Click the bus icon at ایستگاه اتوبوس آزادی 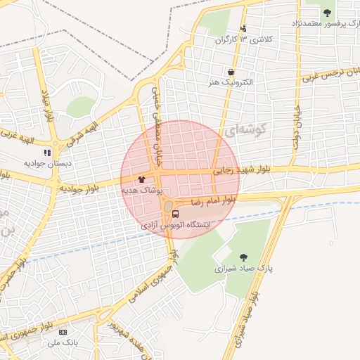(175, 214)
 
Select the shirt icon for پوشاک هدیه (141, 179)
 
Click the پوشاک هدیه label (143, 191)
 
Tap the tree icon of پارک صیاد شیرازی (243, 257)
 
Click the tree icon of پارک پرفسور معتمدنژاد (326, 12)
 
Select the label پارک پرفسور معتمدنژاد (324, 24)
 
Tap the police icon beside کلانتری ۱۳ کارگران (243, 29)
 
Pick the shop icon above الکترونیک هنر (230, 71)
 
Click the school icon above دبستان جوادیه (47, 152)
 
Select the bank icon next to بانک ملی (63, 331)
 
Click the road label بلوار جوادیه (82, 188)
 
